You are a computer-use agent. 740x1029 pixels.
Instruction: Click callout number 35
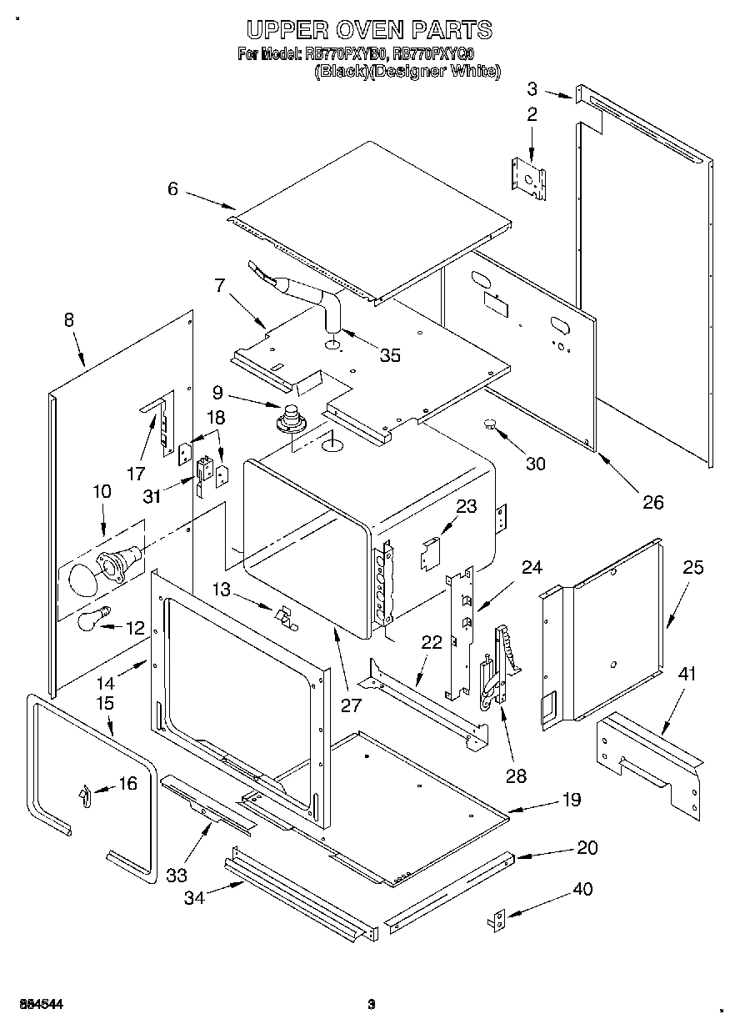point(389,355)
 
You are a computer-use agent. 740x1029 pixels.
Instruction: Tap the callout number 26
point(652,501)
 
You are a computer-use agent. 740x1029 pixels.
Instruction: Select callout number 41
point(686,674)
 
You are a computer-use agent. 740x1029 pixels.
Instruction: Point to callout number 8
point(68,319)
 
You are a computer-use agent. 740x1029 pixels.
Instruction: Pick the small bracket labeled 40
point(496,920)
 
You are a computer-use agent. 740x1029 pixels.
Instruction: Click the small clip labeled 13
point(285,615)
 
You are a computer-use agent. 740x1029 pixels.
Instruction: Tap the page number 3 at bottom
point(372,1003)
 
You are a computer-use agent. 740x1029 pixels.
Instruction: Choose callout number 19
point(571,800)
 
